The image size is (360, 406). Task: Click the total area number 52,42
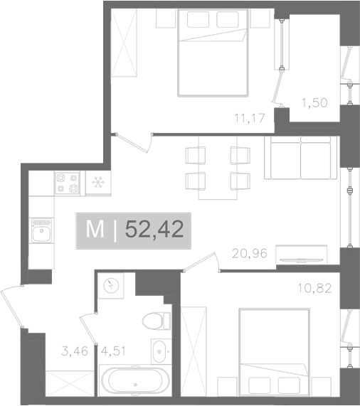(154, 230)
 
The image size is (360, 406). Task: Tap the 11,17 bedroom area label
(250, 118)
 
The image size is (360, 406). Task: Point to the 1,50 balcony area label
(314, 103)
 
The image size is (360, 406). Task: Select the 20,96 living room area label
(250, 254)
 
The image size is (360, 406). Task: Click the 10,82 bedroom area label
(314, 288)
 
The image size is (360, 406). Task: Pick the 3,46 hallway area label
(75, 351)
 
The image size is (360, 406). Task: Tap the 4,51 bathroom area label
(113, 351)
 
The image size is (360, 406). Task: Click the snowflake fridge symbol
(98, 182)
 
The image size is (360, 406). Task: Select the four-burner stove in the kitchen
(67, 183)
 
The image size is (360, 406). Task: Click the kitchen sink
(41, 230)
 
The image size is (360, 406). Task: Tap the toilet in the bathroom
(157, 321)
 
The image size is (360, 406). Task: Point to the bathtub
(135, 380)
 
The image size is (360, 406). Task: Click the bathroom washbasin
(161, 351)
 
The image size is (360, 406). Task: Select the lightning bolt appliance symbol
(111, 286)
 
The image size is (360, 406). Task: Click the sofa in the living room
(301, 158)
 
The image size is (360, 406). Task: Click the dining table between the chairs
(218, 168)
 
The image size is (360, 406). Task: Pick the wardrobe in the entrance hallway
(70, 383)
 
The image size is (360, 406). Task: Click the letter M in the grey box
(95, 230)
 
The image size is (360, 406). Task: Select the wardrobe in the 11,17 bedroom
(124, 43)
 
